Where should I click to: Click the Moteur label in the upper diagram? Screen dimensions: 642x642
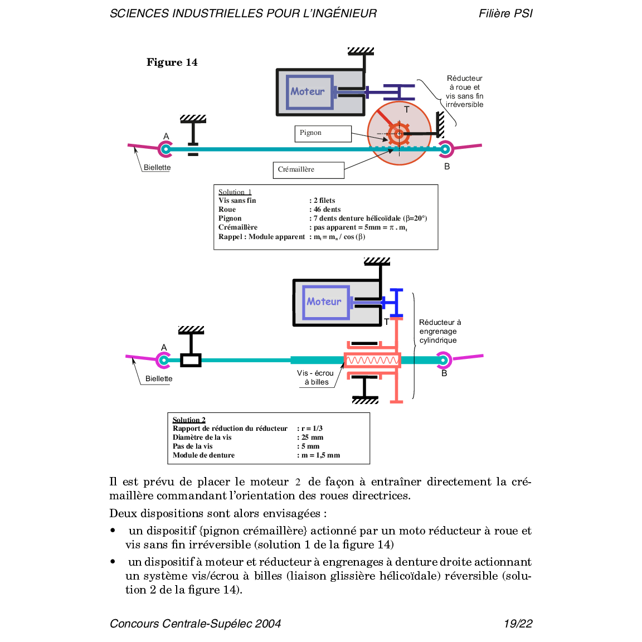[x=307, y=91]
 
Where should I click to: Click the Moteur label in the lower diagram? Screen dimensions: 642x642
[x=324, y=301]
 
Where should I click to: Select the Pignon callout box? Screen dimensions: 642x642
[x=323, y=133]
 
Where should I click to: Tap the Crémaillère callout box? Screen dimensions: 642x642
[x=308, y=169]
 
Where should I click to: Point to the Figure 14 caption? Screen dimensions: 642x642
[x=172, y=62]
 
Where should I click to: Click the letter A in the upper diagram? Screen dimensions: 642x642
[x=166, y=137]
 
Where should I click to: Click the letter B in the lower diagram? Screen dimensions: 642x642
[x=444, y=373]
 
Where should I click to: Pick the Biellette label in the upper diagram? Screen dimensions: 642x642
[x=157, y=167]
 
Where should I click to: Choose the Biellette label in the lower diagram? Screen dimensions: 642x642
[x=159, y=378]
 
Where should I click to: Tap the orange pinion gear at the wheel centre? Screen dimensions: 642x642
[x=399, y=134]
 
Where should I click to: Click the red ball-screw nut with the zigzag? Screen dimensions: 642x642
[x=372, y=361]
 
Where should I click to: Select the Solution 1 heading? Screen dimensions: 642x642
[x=235, y=192]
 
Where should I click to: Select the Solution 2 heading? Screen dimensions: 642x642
[x=189, y=420]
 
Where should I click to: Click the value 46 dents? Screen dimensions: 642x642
[x=327, y=210]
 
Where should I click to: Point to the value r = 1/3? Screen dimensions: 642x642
[x=312, y=429]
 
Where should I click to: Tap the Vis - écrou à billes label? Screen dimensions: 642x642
[x=315, y=377]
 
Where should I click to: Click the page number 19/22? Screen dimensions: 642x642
[x=518, y=624]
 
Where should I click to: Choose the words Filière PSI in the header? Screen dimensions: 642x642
[x=505, y=13]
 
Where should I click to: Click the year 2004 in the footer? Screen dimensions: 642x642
[x=268, y=624]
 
